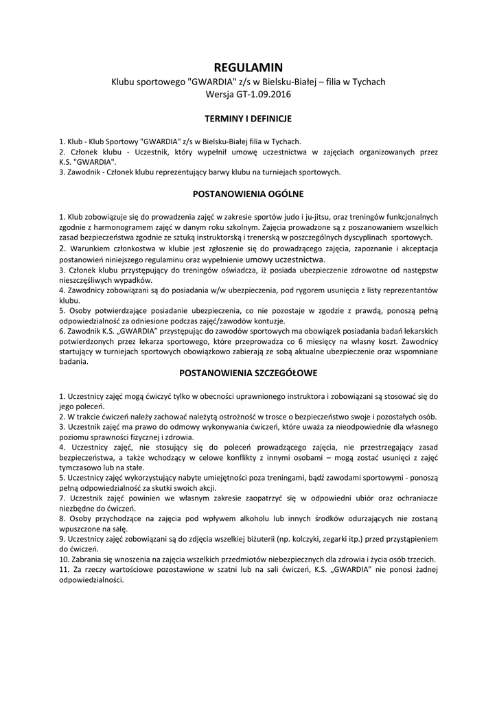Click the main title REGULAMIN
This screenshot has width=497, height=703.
coord(248,67)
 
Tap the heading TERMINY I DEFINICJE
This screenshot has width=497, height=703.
coord(248,119)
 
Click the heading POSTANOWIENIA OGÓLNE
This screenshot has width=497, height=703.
coord(248,194)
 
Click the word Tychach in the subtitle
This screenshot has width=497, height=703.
coord(369,81)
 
